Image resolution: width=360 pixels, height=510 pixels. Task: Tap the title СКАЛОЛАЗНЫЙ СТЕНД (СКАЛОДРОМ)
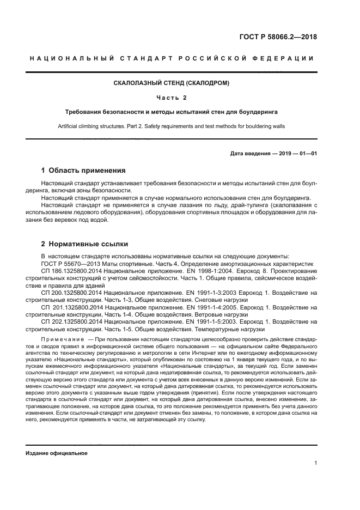point(180,83)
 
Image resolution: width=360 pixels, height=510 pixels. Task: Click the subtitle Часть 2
point(180,98)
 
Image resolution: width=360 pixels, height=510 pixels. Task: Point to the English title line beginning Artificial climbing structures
point(180,126)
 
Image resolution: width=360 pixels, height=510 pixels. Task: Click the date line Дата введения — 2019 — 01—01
point(274,153)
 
